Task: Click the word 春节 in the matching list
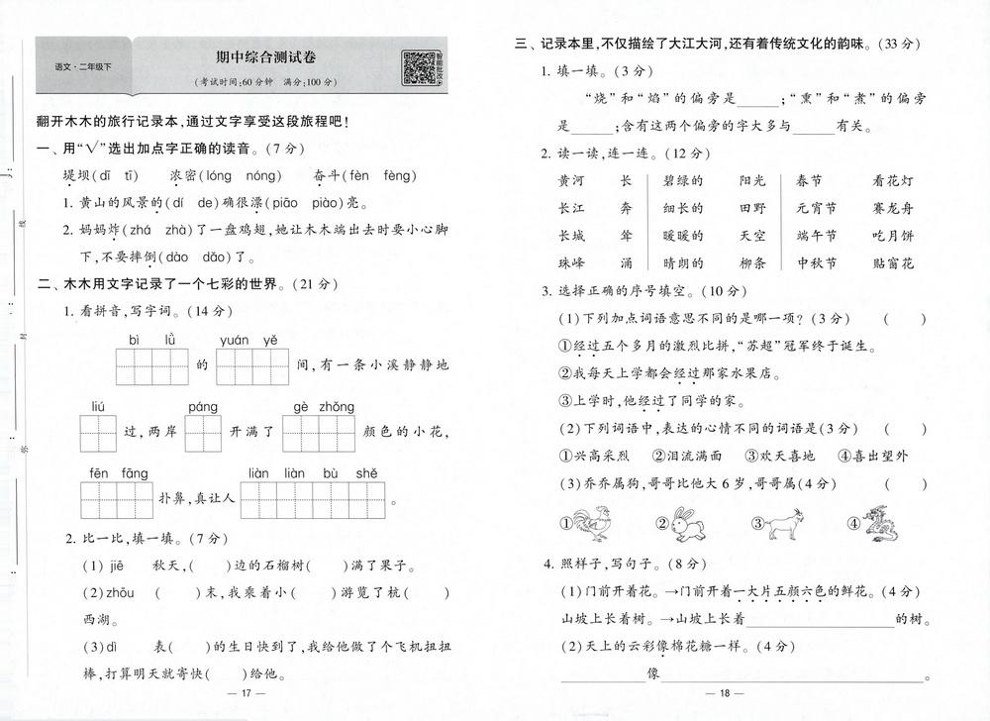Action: click(809, 180)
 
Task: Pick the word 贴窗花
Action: click(893, 263)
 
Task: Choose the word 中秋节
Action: click(816, 263)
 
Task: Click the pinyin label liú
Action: click(97, 407)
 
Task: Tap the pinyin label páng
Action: click(202, 407)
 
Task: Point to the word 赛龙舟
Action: click(893, 208)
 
